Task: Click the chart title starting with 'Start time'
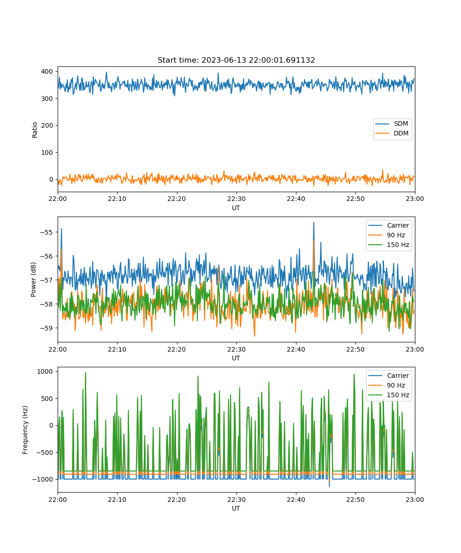236,60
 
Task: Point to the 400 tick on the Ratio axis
47,71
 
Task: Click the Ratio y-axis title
35,130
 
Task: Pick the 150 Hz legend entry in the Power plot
389,245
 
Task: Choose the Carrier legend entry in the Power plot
389,225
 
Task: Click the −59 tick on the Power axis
47,328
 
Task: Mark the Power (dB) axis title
33,279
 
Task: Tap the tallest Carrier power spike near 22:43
313,223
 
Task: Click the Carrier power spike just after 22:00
61,229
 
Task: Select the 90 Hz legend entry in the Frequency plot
389,385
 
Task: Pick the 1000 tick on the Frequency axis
45,371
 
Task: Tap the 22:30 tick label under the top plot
236,199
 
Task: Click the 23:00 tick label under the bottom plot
415,500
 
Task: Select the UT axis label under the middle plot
236,359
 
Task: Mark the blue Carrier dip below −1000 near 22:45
329,485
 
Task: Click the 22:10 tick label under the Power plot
117,349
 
